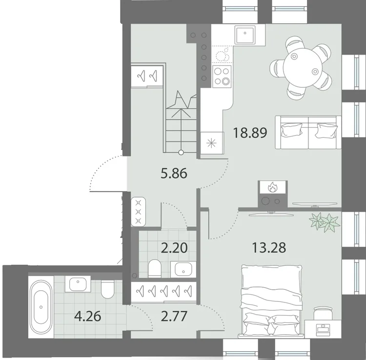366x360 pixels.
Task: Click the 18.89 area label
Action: point(250,133)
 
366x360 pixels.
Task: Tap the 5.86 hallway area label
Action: point(174,174)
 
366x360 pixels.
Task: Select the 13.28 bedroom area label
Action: point(269,247)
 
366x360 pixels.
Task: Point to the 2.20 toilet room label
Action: point(174,248)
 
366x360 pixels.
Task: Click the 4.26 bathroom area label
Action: point(87,317)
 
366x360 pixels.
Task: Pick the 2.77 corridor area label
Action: point(174,316)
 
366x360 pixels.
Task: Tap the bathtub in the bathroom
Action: point(41,307)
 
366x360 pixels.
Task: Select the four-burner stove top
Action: point(222,76)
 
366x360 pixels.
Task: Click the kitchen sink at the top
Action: point(245,35)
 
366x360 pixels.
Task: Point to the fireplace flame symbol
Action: point(272,187)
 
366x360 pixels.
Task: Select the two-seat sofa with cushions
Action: point(308,132)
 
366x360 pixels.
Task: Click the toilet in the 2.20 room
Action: point(155,269)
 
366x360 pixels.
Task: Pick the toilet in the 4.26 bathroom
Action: point(108,289)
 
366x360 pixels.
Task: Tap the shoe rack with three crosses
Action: point(139,212)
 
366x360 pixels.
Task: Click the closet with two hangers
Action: point(147,76)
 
